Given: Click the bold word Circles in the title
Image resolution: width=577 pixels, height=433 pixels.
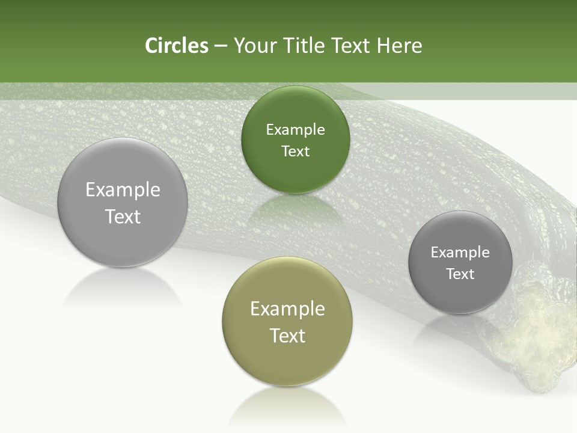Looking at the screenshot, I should point(176,46).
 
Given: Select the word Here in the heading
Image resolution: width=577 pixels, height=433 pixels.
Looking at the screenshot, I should point(399,46).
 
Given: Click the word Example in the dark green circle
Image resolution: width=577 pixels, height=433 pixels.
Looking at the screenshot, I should point(295,130).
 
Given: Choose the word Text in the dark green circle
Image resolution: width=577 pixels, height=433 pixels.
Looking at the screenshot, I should point(295,152).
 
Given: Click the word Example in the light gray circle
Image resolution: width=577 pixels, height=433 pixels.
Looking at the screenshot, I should point(123,190).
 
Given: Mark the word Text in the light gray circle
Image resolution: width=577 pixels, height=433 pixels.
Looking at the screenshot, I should point(123,216).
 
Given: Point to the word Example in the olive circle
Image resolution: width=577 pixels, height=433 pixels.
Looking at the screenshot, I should point(287,309).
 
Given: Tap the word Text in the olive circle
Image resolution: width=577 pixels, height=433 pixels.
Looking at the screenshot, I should point(287,336).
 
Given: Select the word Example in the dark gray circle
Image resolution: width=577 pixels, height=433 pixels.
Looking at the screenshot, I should point(460,253).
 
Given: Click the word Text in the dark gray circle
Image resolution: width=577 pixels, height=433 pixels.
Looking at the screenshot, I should point(460,274).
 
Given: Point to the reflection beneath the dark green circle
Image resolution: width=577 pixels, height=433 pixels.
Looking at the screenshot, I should point(295,210).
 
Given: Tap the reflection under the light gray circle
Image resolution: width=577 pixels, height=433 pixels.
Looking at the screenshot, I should point(123,289).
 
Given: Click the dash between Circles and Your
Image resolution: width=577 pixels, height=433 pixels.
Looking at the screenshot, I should point(221,46).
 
